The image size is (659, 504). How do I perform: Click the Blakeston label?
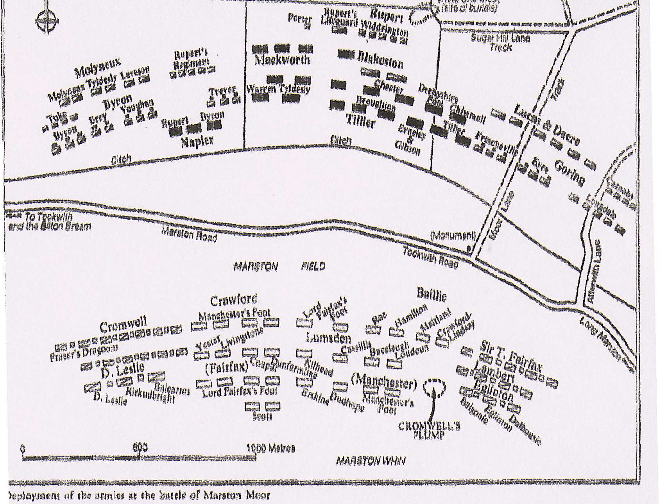[x=380, y=59]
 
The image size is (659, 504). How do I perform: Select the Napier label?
[x=197, y=142]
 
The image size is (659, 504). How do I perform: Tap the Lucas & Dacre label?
[x=547, y=124]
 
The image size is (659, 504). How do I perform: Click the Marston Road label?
[x=189, y=234]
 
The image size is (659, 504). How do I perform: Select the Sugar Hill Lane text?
[x=501, y=38]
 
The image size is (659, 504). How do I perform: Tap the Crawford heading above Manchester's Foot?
[x=234, y=300]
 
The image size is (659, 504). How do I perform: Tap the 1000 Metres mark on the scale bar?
[x=270, y=449]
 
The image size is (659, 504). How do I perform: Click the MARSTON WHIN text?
[x=371, y=461]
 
